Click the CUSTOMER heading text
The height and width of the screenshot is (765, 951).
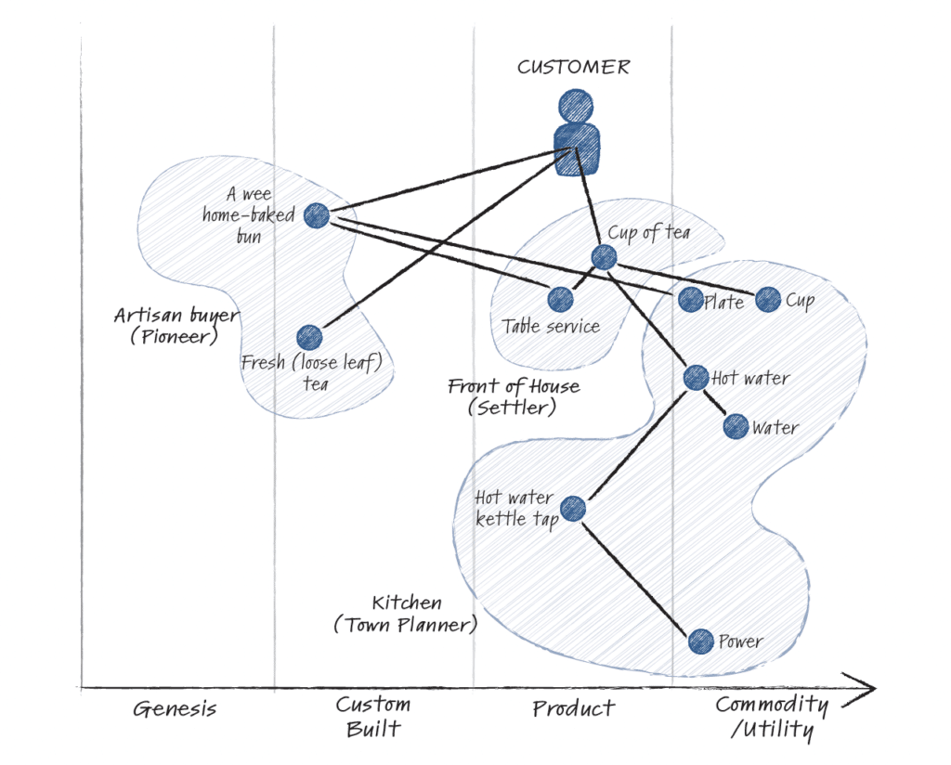click(573, 68)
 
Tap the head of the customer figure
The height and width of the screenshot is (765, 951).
click(576, 105)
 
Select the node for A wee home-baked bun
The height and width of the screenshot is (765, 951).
click(317, 215)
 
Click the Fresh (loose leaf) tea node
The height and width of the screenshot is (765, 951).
click(309, 338)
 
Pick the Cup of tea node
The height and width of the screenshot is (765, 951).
click(604, 257)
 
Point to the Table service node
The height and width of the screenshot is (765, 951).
click(560, 299)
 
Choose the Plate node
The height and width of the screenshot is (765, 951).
click(690, 299)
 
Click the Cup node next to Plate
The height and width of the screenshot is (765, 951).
click(768, 299)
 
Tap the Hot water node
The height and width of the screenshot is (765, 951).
click(696, 377)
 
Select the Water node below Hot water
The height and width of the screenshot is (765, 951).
click(736, 426)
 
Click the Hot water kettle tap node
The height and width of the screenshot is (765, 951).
click(573, 508)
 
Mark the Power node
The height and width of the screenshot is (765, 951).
click(701, 641)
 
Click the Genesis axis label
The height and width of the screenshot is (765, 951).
click(175, 710)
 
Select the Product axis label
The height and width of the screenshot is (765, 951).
click(573, 709)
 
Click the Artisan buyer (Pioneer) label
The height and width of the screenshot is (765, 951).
click(176, 325)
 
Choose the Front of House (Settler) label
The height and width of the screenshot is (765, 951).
click(514, 395)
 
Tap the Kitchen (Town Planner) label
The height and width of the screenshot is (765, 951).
click(406, 614)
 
